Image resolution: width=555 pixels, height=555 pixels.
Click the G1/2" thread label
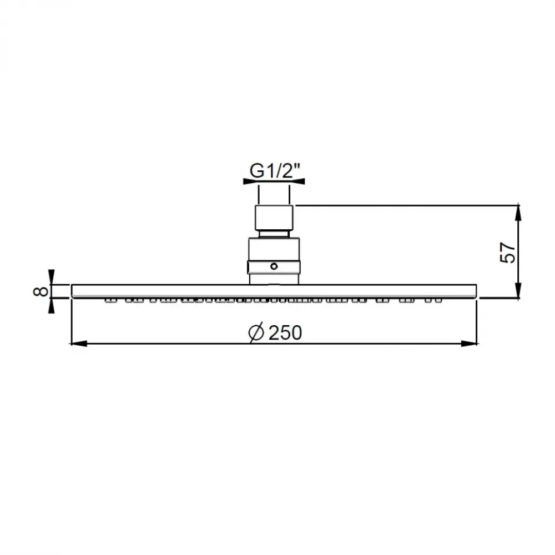click(275, 171)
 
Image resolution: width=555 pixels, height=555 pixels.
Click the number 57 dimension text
click(508, 253)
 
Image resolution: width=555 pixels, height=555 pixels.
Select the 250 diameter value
click(285, 332)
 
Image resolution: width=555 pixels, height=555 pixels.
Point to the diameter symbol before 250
click(256, 332)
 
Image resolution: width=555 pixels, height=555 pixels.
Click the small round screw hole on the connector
click(274, 266)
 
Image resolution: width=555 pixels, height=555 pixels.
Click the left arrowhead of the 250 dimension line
click(79, 344)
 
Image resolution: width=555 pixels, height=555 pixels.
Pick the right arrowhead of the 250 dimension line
click(470, 344)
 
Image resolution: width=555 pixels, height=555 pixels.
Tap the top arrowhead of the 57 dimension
click(518, 213)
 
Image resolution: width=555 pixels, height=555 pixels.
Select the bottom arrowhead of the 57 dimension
click(518, 291)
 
